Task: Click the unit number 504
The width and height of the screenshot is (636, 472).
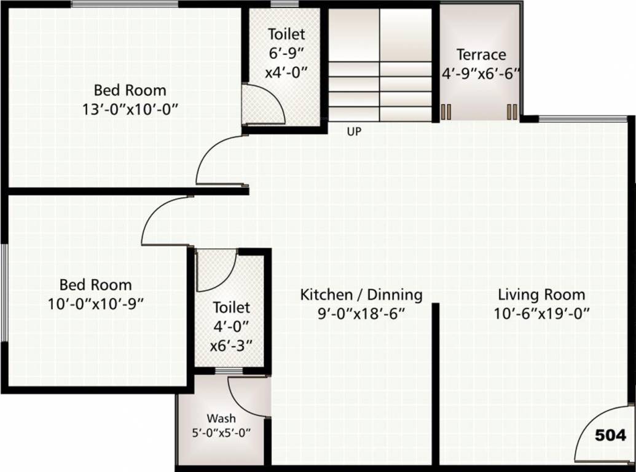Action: point(610,436)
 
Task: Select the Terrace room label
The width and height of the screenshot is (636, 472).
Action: point(481,55)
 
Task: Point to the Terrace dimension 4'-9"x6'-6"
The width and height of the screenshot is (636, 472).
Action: point(481,73)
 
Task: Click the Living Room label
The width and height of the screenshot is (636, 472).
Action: point(541,294)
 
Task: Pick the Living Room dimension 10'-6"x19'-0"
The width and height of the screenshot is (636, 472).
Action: point(541,313)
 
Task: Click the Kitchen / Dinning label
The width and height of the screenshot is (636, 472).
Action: point(361,294)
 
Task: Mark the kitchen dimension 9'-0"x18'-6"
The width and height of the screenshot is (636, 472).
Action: point(361,313)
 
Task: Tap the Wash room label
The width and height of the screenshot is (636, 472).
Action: point(221,419)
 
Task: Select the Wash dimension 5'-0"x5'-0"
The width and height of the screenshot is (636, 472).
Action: point(221,432)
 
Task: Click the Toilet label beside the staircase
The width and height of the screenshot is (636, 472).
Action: point(286,34)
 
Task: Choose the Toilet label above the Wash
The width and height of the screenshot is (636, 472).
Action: point(231,307)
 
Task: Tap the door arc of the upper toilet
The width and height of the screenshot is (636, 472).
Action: point(264,104)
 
